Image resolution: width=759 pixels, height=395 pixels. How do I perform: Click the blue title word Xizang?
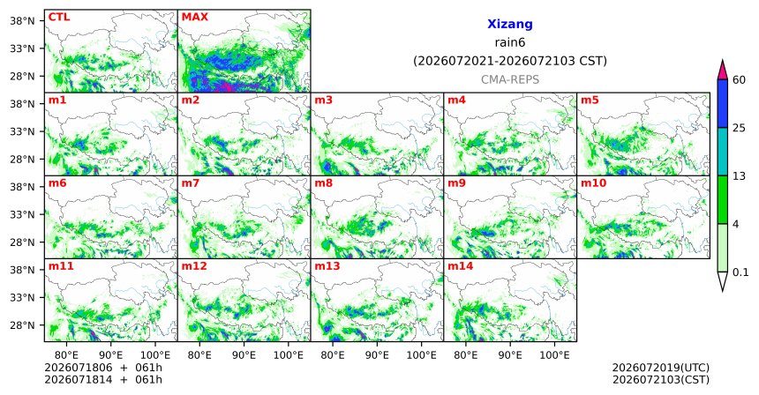click(x=510, y=24)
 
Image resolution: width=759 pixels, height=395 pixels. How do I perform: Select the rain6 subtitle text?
click(x=510, y=42)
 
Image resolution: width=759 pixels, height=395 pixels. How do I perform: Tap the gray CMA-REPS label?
click(x=510, y=79)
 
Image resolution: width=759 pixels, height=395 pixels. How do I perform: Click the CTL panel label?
click(x=59, y=18)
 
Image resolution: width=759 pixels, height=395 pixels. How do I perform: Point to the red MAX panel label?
click(x=194, y=18)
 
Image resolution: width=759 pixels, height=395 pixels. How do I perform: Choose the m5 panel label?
click(x=590, y=101)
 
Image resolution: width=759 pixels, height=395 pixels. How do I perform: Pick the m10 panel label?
click(x=593, y=183)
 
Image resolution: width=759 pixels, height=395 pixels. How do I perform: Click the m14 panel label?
click(x=461, y=266)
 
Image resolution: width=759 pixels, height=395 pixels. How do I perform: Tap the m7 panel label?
click(x=191, y=183)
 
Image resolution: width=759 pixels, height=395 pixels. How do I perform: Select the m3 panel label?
click(x=323, y=101)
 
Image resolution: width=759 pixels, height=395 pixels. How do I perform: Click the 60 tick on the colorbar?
click(x=740, y=79)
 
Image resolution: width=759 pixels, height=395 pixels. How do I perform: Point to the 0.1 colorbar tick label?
click(x=740, y=272)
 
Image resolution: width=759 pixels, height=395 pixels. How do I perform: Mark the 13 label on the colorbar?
click(x=740, y=176)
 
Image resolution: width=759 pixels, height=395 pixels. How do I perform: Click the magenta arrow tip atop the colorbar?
click(x=723, y=61)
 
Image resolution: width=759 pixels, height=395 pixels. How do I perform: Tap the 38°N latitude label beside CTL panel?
click(x=22, y=21)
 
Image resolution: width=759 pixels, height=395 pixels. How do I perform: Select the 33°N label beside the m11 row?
click(x=22, y=297)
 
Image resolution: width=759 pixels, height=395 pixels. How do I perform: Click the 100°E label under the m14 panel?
click(x=554, y=355)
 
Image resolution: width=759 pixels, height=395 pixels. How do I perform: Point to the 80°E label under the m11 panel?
click(x=66, y=355)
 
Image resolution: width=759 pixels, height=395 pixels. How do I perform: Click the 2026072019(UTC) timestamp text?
click(x=661, y=369)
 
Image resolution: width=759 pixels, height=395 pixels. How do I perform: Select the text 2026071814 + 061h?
click(x=103, y=379)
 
